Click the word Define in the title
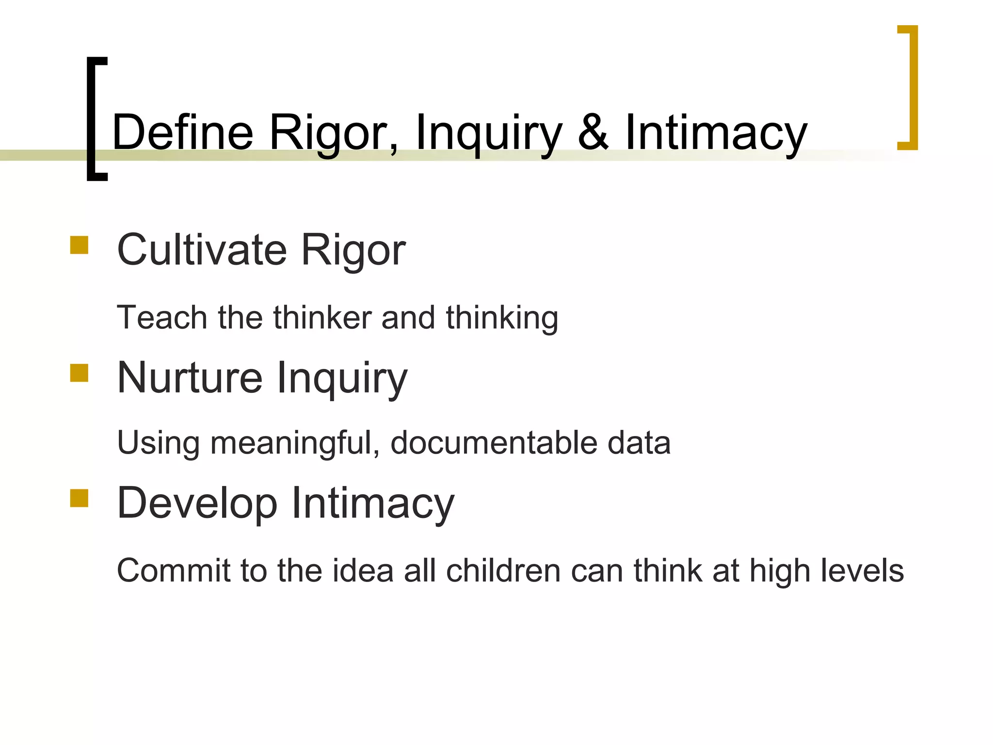182,132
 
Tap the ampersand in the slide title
593,132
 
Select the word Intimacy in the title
716,132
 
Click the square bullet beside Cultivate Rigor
79,245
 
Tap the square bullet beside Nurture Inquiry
79,373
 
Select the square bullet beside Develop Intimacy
79,498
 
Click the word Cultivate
202,250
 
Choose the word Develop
197,503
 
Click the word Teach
162,318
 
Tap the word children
503,570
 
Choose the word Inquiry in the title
489,132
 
